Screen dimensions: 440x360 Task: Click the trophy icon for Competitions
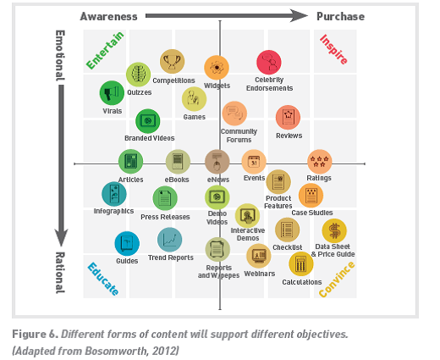[172, 61]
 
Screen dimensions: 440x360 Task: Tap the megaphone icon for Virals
[112, 93]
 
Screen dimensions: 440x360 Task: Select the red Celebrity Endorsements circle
[269, 63]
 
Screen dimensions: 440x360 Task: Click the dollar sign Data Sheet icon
[334, 230]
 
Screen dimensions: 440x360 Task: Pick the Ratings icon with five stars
[319, 162]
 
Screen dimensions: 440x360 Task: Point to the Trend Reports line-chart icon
[169, 240]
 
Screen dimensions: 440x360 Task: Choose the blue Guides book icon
[127, 243]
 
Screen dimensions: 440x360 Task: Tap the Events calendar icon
[254, 162]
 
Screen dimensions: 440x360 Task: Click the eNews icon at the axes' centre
[217, 162]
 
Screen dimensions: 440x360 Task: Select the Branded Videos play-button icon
[148, 121]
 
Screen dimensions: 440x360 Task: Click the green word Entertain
[105, 50]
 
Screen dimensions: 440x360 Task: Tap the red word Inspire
[333, 49]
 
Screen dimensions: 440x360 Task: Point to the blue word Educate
[103, 279]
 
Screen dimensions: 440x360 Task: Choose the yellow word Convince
[337, 280]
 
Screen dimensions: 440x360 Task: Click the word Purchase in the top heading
[340, 16]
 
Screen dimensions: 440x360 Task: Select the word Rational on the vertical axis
[60, 273]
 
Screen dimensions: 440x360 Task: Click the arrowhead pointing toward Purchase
[299, 16]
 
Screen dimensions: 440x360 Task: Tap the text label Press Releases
[165, 217]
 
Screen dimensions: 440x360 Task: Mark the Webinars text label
[260, 274]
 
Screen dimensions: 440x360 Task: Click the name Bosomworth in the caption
[116, 351]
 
